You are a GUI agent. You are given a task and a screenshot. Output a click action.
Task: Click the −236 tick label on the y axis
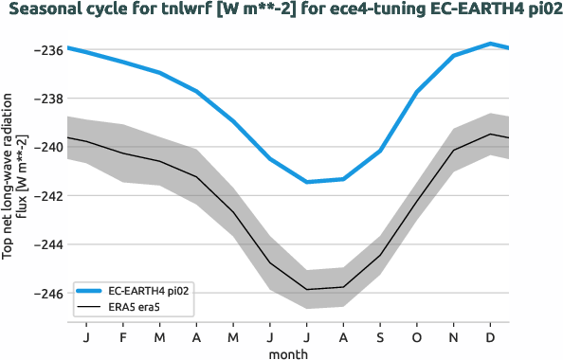point(48,49)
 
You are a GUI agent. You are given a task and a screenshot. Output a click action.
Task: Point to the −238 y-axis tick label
point(48,99)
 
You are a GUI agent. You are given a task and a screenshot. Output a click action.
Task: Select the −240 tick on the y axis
point(48,148)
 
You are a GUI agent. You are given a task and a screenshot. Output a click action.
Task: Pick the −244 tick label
point(48,244)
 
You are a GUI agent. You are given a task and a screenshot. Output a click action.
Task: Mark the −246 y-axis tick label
point(48,294)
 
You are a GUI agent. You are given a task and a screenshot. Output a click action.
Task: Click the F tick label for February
point(123,336)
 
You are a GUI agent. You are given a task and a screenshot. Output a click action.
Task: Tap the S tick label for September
point(380,336)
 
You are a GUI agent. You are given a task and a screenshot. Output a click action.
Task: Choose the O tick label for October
point(417,336)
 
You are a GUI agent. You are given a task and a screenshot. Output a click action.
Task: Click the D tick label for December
point(490,336)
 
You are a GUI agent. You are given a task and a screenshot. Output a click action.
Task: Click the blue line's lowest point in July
point(307,182)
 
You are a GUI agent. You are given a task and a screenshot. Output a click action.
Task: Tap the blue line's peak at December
point(490,44)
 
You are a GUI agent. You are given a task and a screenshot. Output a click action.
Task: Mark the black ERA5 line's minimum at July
point(307,289)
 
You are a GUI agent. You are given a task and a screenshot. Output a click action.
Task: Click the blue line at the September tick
point(380,151)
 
